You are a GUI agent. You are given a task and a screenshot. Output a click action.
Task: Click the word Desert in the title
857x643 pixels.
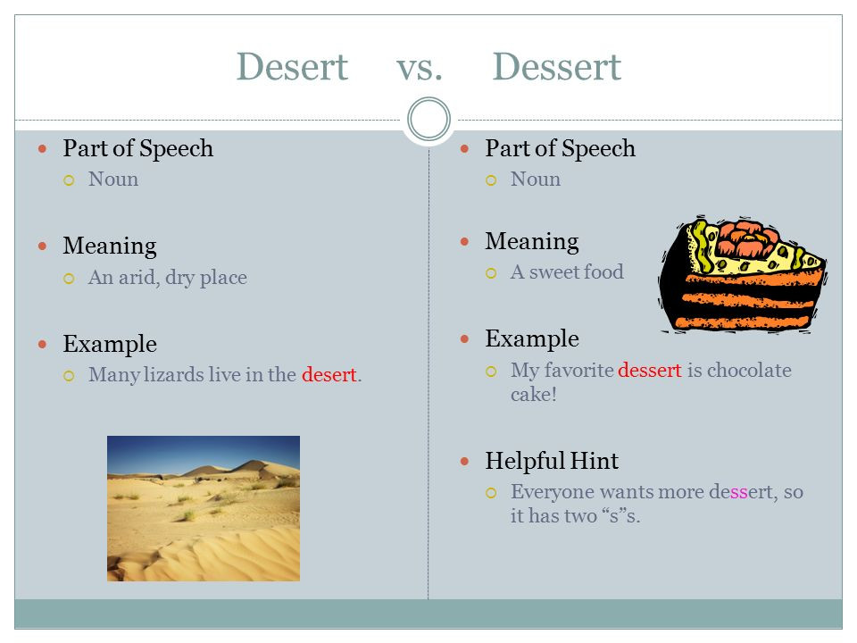coord(292,67)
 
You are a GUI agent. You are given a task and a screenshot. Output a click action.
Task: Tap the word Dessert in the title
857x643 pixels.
coord(556,67)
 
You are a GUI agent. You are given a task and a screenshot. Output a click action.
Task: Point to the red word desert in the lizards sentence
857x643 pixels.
coord(329,374)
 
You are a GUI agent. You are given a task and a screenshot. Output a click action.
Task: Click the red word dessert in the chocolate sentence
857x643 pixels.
coord(650,370)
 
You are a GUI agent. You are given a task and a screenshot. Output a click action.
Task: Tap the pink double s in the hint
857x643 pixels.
coord(738,492)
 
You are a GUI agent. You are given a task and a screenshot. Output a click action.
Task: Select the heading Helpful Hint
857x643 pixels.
coord(552,461)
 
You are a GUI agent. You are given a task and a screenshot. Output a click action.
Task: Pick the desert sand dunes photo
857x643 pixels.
coord(204,508)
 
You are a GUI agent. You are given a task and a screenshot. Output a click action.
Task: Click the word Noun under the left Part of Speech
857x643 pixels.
coord(113,180)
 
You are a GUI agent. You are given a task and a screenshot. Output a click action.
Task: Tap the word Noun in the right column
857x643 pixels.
coord(536,180)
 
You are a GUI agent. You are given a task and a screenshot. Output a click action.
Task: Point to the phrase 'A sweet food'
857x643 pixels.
coord(567,271)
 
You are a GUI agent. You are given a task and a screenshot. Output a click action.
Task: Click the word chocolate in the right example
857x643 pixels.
coord(749,370)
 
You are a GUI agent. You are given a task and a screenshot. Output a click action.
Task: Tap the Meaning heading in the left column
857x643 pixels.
coord(110,246)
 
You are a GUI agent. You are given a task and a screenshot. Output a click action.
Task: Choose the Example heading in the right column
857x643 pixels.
coord(532,339)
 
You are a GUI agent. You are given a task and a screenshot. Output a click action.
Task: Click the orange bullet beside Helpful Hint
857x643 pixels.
coord(464,462)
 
